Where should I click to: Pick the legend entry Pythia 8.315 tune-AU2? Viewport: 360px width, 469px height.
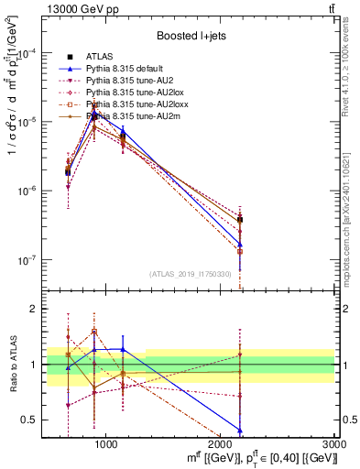(125, 81)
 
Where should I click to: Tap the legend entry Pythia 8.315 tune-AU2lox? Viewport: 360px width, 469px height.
(129, 93)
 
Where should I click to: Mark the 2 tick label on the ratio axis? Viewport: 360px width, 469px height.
(40, 309)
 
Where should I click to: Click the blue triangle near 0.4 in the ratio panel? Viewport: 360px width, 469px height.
(240, 431)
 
